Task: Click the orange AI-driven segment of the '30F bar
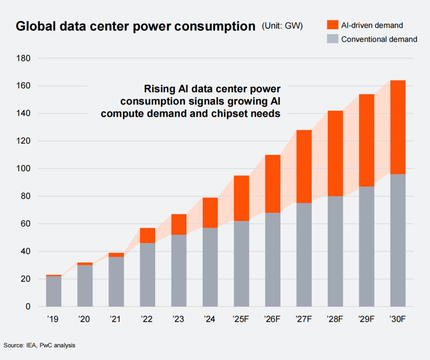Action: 398,127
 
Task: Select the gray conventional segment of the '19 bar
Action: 54,291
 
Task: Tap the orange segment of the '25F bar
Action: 241,198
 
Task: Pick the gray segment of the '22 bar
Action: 147,275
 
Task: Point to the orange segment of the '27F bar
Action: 304,166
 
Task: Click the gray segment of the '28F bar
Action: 335,251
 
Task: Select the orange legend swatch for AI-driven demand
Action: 332,25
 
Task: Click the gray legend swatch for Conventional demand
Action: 332,39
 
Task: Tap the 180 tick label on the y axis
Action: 23,59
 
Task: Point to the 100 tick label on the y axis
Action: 23,169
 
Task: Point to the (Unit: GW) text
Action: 282,26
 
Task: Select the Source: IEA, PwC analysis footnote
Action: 39,345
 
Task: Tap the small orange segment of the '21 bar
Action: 116,255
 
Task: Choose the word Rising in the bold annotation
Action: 158,88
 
